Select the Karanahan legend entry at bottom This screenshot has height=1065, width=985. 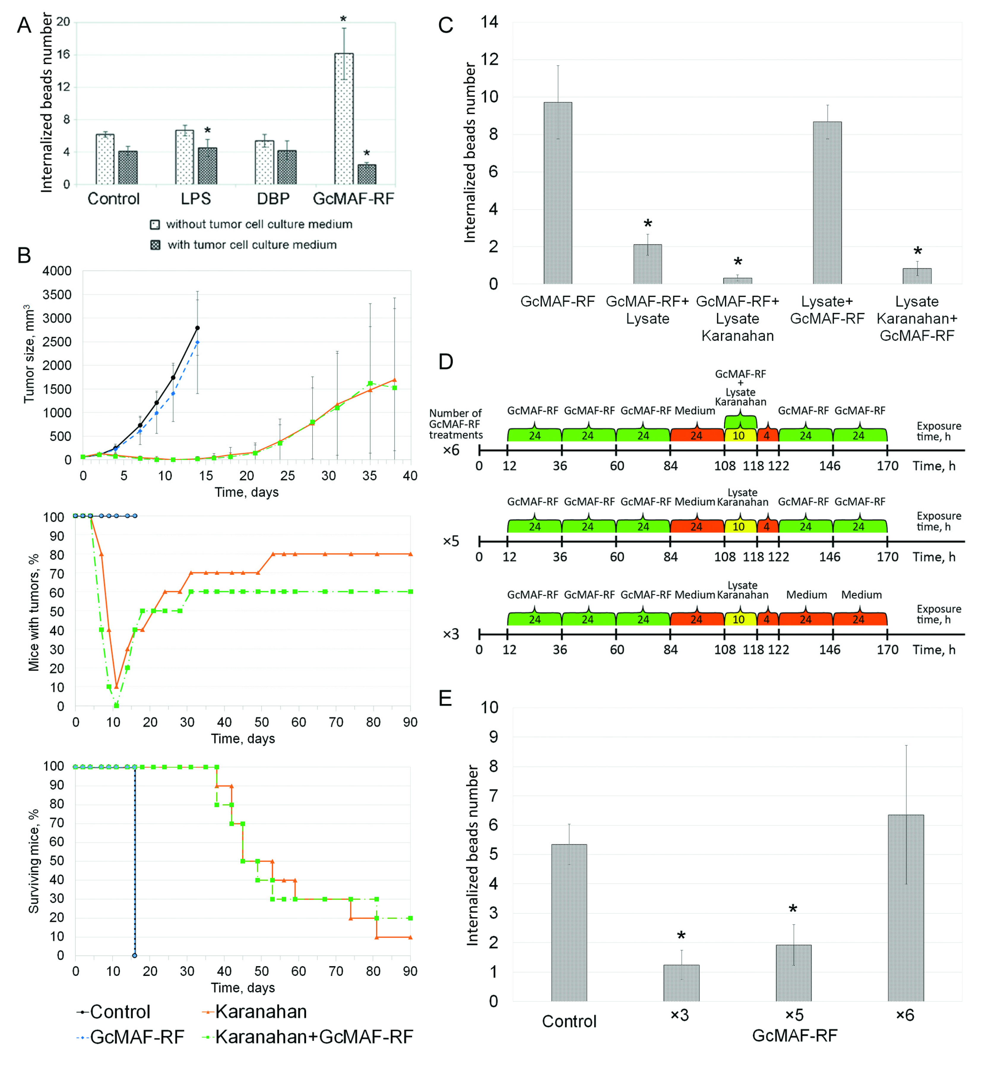[260, 1011]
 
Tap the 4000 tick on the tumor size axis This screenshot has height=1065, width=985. [57, 271]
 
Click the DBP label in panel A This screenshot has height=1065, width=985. [273, 199]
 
